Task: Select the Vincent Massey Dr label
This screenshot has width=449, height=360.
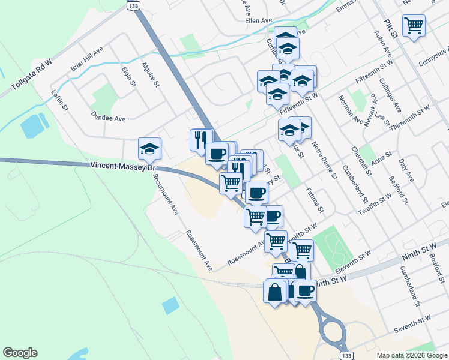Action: pyautogui.click(x=120, y=165)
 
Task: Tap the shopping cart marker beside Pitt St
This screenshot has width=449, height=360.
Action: pyautogui.click(x=414, y=26)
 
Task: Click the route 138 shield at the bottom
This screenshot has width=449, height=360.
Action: pyautogui.click(x=346, y=355)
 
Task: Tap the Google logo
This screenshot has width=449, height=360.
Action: pyautogui.click(x=20, y=352)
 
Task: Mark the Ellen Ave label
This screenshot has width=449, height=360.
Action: pyautogui.click(x=259, y=19)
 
